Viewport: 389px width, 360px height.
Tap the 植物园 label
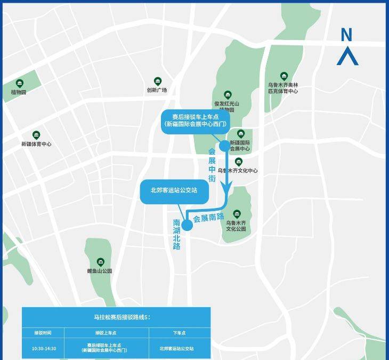point(19,92)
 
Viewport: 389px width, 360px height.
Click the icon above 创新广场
point(158,81)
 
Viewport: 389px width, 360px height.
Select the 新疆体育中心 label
point(36,144)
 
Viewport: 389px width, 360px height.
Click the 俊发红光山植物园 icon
point(228,95)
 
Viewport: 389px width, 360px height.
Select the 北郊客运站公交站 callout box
point(174,190)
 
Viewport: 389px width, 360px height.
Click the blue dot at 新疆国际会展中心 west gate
point(224,146)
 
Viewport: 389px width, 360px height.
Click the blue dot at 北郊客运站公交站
point(187,225)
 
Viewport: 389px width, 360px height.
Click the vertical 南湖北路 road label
point(177,234)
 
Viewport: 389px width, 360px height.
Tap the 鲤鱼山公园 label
point(100,271)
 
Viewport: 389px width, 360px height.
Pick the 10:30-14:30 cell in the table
point(44,348)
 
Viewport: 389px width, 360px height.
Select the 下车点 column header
point(180,333)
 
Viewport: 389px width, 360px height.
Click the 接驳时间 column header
point(43,333)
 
